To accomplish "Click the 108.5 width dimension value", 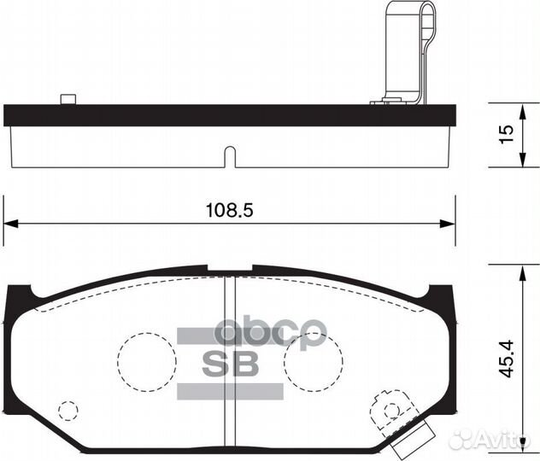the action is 229,210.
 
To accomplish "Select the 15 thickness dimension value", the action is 506,133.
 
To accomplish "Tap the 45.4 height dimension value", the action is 506,359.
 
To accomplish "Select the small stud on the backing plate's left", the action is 67,99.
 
